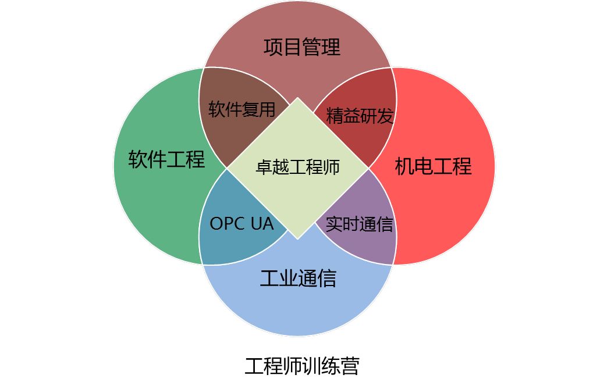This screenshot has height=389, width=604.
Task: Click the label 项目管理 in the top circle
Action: (x=301, y=47)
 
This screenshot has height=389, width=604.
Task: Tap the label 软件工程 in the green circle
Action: (x=166, y=159)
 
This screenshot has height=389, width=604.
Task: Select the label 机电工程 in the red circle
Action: (x=433, y=166)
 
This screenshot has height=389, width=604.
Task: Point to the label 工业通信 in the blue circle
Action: (x=298, y=279)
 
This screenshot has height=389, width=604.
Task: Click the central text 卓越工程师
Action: (x=297, y=167)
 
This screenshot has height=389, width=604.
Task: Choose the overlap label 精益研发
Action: (x=360, y=116)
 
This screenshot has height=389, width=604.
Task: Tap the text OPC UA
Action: (x=241, y=224)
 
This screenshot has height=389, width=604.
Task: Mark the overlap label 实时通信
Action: (x=359, y=224)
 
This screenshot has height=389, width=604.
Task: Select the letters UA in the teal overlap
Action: (x=262, y=224)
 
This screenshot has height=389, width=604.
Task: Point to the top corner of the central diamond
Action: (x=298, y=98)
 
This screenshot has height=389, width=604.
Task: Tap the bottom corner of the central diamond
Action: (x=298, y=238)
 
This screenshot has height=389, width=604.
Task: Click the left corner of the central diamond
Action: (x=228, y=168)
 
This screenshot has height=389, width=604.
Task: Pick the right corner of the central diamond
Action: (x=368, y=168)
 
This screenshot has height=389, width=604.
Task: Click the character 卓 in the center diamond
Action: (x=264, y=167)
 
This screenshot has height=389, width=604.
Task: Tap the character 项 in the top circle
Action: (x=273, y=47)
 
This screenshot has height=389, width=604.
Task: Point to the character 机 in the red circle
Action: (x=404, y=166)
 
